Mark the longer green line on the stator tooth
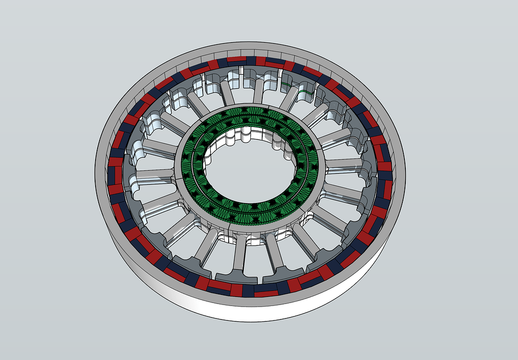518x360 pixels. [x=306, y=92]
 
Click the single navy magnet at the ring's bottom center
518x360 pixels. [x=249, y=290]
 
